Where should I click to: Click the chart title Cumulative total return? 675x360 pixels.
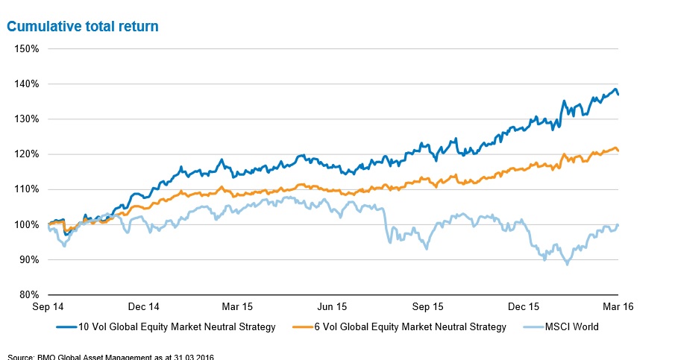pos(82,27)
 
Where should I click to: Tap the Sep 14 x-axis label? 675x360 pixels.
pos(48,306)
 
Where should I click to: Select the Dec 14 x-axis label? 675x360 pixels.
pos(144,306)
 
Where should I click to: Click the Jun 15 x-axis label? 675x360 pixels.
pos(333,306)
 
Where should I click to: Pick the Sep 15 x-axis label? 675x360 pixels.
pos(428,306)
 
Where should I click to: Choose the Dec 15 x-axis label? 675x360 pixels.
pos(524,306)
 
